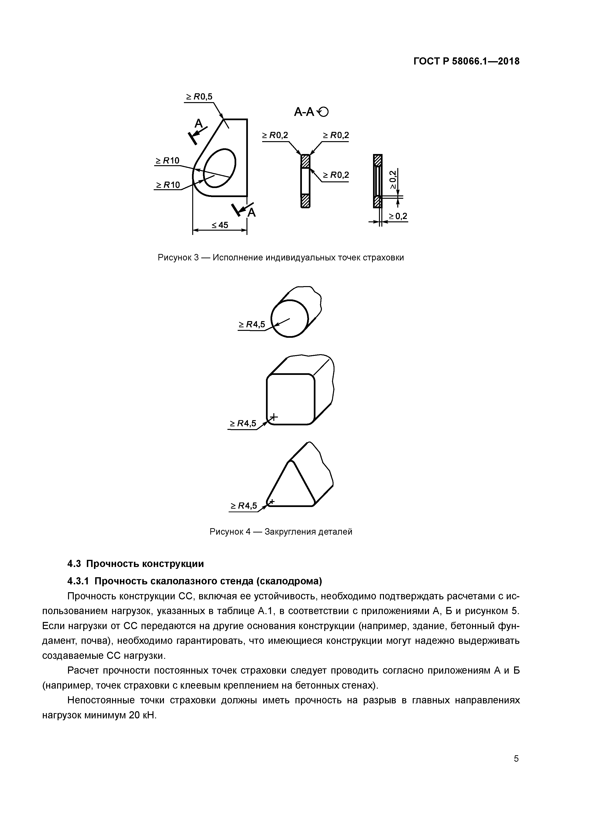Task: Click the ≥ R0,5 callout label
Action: pyautogui.click(x=199, y=97)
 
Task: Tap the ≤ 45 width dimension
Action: pyautogui.click(x=220, y=225)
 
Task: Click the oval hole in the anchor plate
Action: pyautogui.click(x=220, y=168)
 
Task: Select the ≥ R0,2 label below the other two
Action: pyautogui.click(x=335, y=175)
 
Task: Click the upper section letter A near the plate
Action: pyautogui.click(x=198, y=124)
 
